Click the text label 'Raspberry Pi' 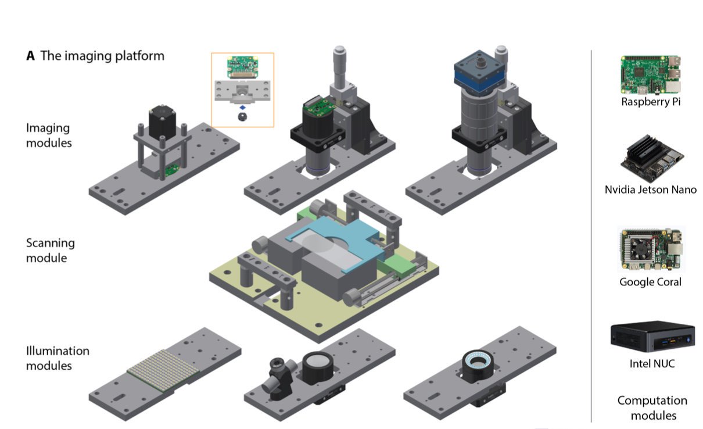pyautogui.click(x=650, y=102)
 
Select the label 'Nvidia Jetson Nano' pyautogui.click(x=650, y=190)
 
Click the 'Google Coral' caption pyautogui.click(x=650, y=282)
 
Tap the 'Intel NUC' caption pyautogui.click(x=650, y=364)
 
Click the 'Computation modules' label pyautogui.click(x=651, y=408)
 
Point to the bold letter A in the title pyautogui.click(x=30, y=56)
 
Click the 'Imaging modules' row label pyautogui.click(x=49, y=135)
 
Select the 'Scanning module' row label pyautogui.click(x=51, y=251)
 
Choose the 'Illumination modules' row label pyautogui.click(x=58, y=359)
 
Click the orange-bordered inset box pyautogui.click(x=242, y=90)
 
